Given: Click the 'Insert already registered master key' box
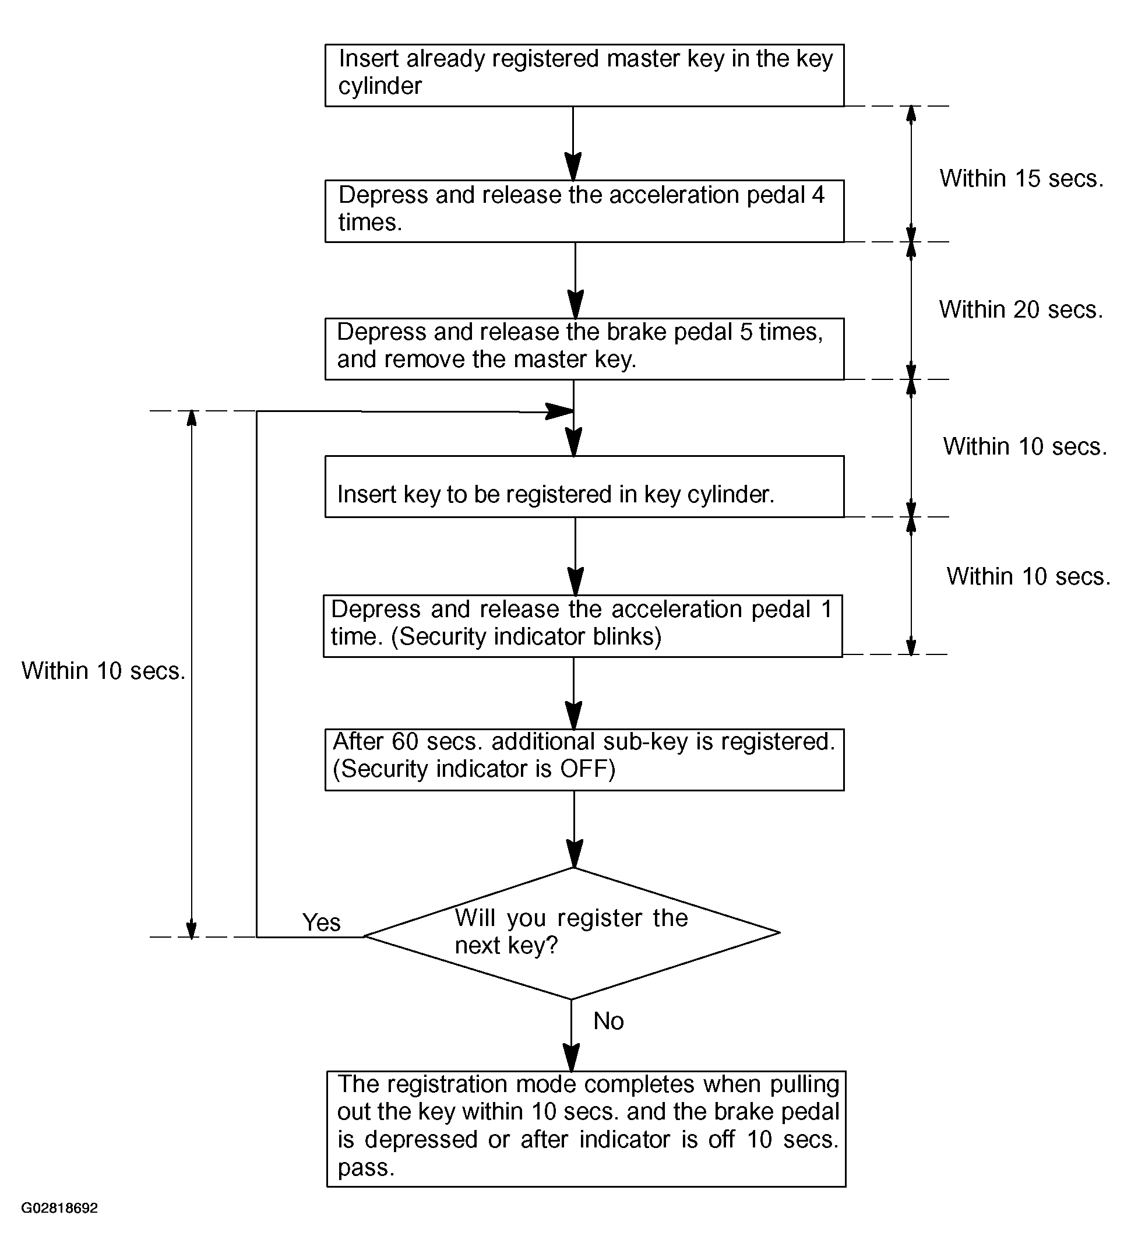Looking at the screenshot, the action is [584, 75].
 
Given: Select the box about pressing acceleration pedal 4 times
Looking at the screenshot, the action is [584, 212].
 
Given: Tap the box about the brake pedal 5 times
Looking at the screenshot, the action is [584, 348].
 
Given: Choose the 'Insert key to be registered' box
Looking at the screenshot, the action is [584, 487].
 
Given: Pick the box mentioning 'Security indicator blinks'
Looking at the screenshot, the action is [583, 626].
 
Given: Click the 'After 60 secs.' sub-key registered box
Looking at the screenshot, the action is [584, 759].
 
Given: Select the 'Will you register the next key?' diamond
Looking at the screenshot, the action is [572, 932].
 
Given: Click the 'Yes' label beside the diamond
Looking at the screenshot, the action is [321, 922].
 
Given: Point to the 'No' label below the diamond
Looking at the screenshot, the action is [608, 1021].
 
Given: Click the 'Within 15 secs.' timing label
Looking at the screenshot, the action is [1021, 178].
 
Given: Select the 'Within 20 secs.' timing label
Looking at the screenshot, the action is [1021, 309].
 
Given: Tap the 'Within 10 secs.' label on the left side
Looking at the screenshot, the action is [104, 671].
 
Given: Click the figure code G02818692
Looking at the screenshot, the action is [59, 1209].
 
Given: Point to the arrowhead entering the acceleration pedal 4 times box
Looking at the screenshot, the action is [573, 166].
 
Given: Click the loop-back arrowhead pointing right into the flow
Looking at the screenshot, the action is [559, 411].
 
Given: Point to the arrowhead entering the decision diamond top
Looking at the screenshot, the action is [574, 853].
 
